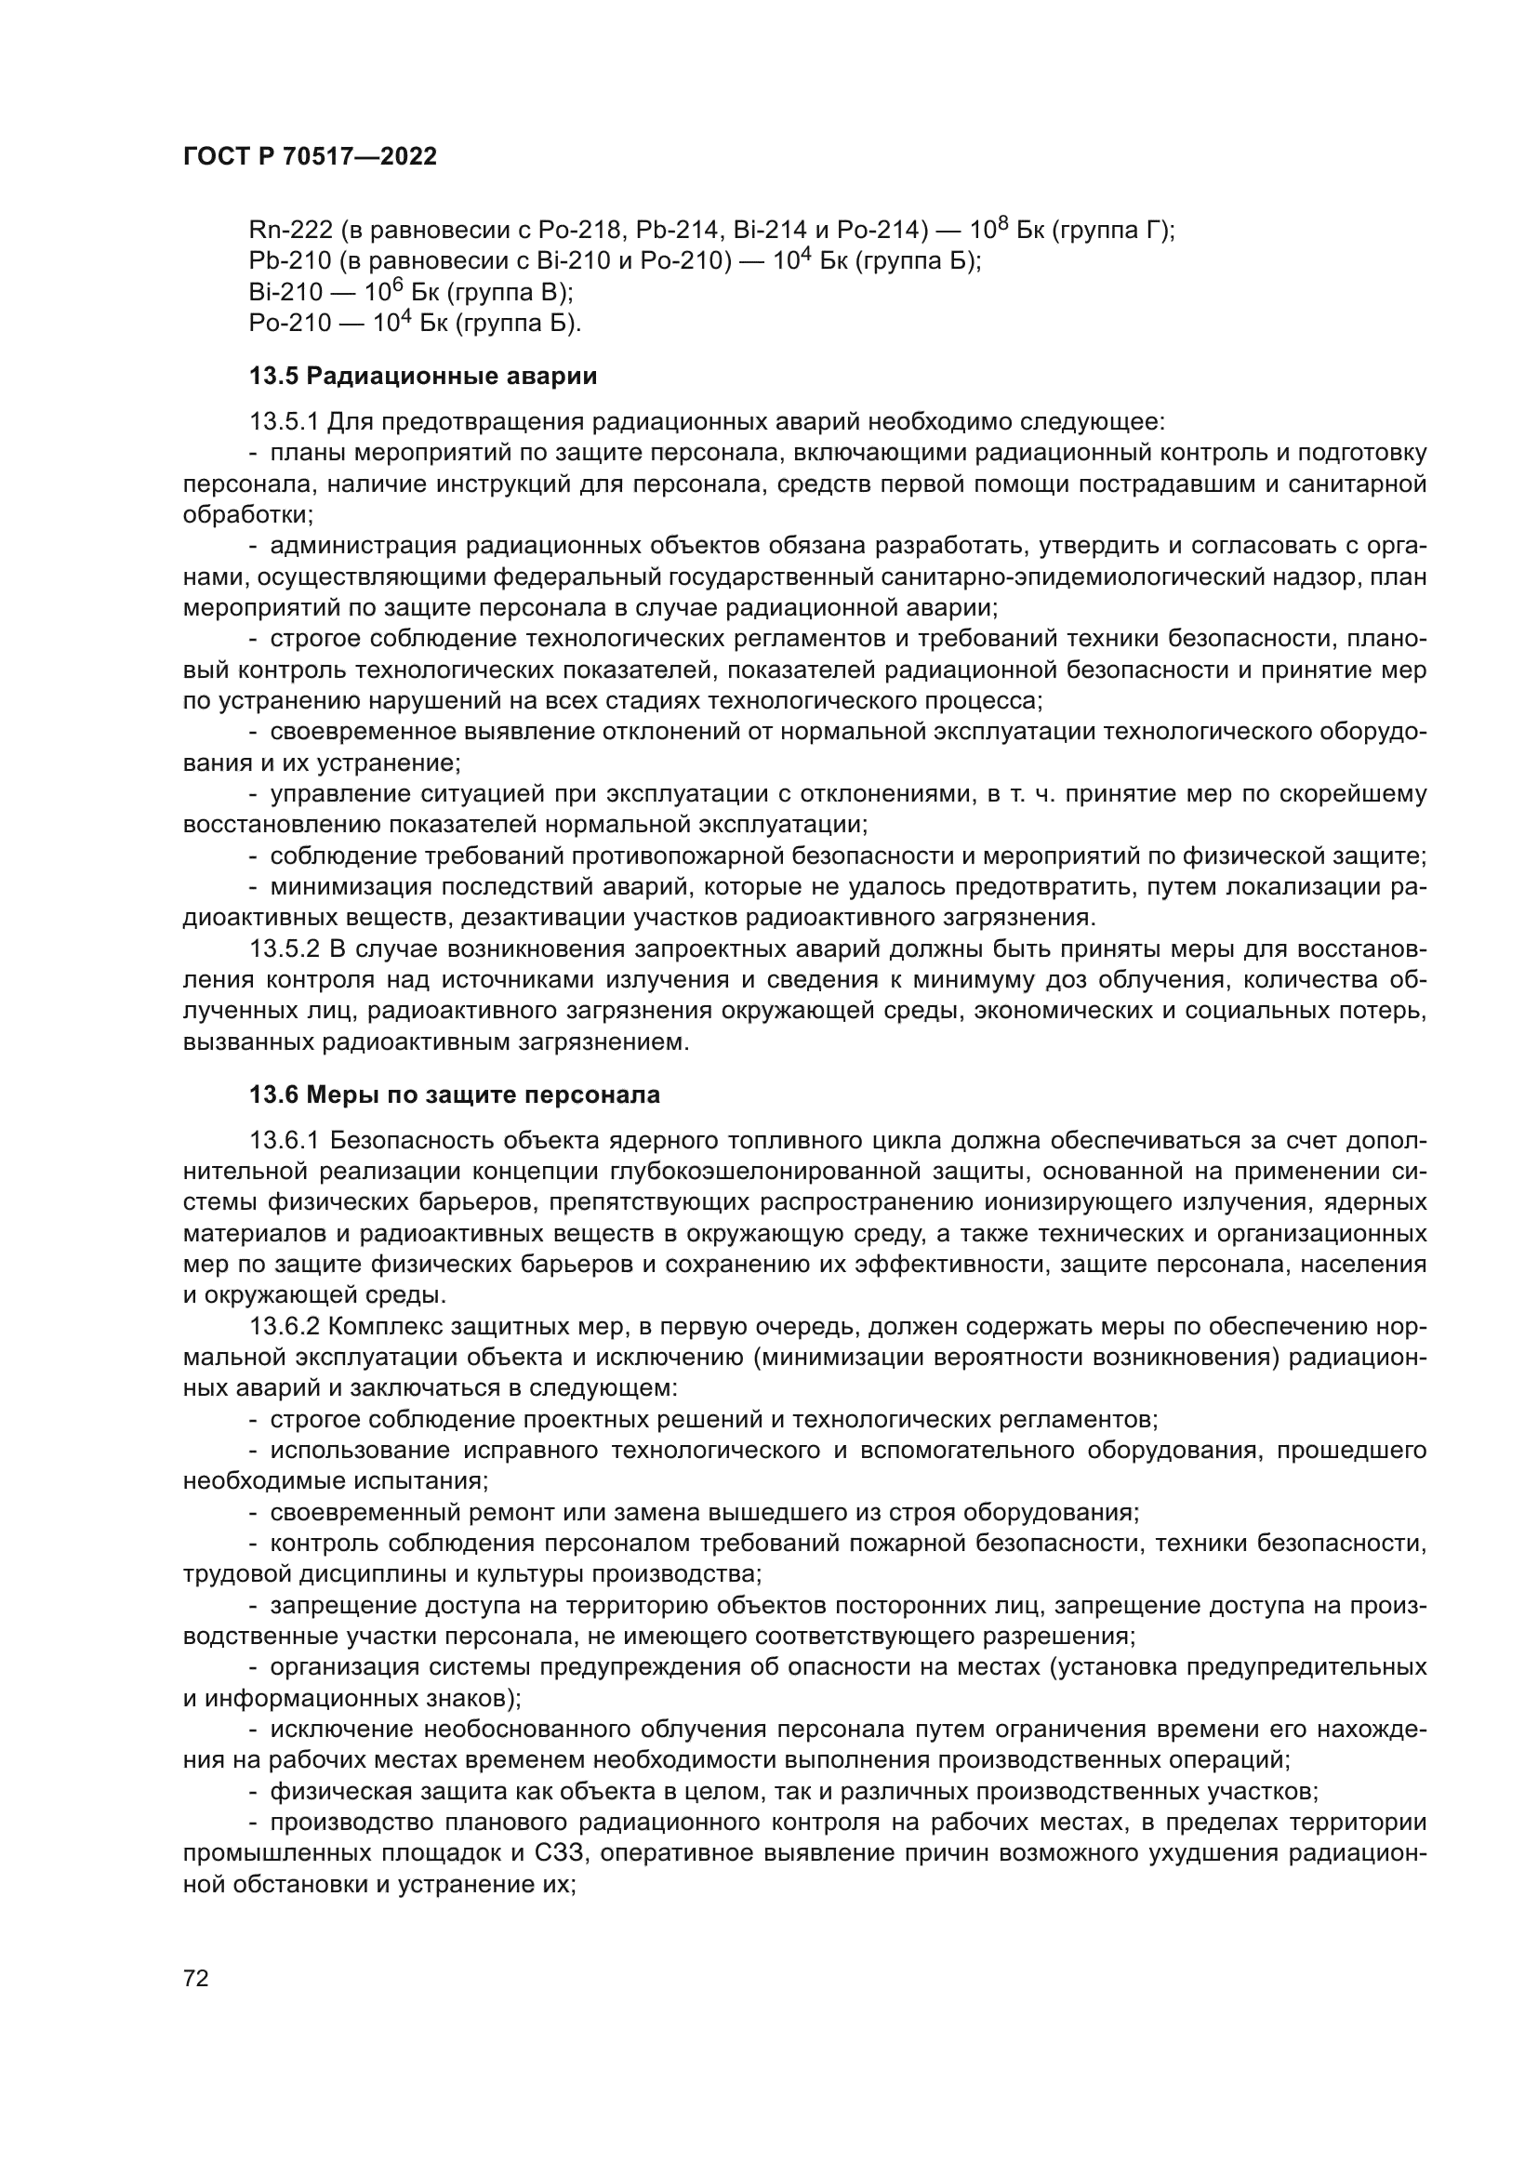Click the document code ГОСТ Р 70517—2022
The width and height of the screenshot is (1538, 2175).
tap(310, 157)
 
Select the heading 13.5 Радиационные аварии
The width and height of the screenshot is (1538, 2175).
tap(422, 376)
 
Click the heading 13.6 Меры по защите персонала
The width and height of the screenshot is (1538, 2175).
tap(455, 1095)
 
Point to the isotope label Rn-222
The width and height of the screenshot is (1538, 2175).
tap(291, 231)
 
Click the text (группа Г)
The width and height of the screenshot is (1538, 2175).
tap(1113, 231)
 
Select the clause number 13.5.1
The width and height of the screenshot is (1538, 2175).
tap(285, 421)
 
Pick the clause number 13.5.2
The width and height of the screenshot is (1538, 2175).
tap(285, 949)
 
